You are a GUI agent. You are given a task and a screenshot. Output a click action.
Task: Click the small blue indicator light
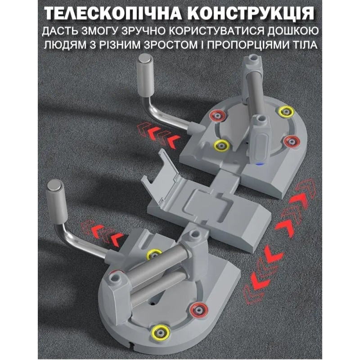(x=260, y=164)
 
